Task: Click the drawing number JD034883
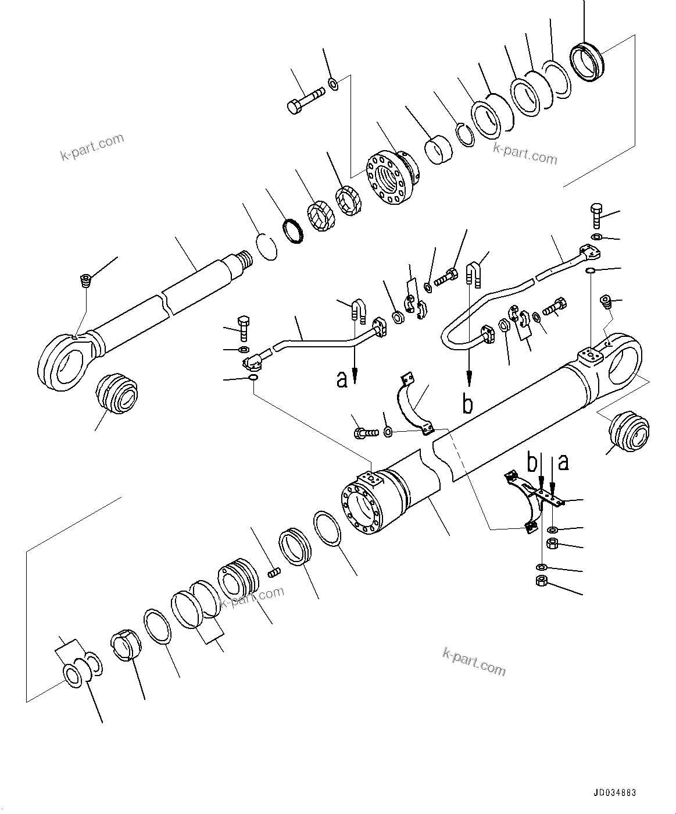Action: pyautogui.click(x=615, y=792)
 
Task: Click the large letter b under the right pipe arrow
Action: pyautogui.click(x=468, y=403)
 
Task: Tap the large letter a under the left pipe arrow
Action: pyautogui.click(x=342, y=379)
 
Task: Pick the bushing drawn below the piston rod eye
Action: pyautogui.click(x=118, y=394)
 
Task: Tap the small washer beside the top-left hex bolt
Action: pyautogui.click(x=334, y=84)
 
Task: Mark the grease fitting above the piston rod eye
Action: pyautogui.click(x=86, y=280)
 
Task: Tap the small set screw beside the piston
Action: pyautogui.click(x=274, y=574)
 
